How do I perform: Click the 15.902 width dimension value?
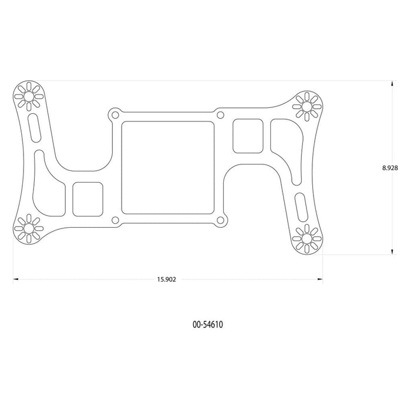tap(166, 279)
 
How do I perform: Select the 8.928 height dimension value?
tap(390, 168)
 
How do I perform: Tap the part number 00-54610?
tap(208, 325)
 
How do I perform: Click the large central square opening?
tap(168, 167)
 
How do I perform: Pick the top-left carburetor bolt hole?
tap(115, 115)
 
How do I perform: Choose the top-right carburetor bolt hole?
tap(221, 115)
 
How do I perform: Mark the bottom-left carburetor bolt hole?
tap(115, 220)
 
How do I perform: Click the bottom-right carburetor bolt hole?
tap(221, 220)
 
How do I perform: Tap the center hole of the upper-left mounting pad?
tap(29, 96)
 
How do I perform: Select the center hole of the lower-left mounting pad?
tap(29, 228)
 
